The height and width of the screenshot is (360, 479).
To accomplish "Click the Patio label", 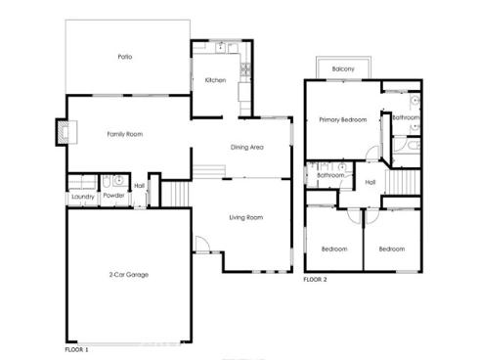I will point(125,57).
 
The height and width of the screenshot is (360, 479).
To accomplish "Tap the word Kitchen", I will point(215,80).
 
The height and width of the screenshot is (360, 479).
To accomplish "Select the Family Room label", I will point(125,134).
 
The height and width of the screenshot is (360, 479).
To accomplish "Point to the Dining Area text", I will point(246,148).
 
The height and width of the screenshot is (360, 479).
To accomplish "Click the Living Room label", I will point(246,217).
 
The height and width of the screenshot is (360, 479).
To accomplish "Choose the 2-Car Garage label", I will point(129,275).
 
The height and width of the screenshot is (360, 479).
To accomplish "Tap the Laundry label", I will point(82,197).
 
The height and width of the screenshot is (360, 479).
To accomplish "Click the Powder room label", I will point(113,197).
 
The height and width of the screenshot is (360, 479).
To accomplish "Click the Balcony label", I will point(342,68).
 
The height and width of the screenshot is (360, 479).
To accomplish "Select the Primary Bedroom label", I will point(342,120).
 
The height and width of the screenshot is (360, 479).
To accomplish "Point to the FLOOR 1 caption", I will point(76,348).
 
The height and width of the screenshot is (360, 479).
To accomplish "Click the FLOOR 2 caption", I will point(314,280).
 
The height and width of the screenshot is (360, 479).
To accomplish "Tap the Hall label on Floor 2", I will point(370,182).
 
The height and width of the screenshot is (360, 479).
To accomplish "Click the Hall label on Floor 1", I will point(140,186).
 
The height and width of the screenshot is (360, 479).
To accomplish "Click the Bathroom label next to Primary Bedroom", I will point(405,117).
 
